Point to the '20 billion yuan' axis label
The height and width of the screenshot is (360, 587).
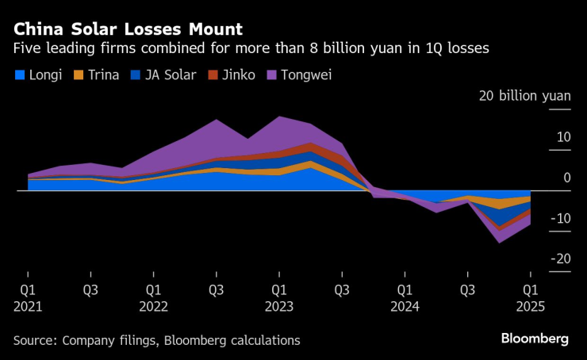[x=524, y=96]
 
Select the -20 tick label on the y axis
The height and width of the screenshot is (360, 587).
[x=562, y=259]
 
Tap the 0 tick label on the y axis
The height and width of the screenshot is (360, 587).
[x=567, y=178]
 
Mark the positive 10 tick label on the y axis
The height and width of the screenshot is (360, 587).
[x=563, y=137]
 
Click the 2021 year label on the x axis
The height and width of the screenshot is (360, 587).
[x=28, y=305]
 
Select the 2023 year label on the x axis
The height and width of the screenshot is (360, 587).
[x=278, y=305]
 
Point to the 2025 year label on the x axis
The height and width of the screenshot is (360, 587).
[x=529, y=305]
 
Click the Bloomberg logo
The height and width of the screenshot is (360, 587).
[x=534, y=339]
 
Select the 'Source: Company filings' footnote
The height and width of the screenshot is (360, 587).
[x=156, y=339]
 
